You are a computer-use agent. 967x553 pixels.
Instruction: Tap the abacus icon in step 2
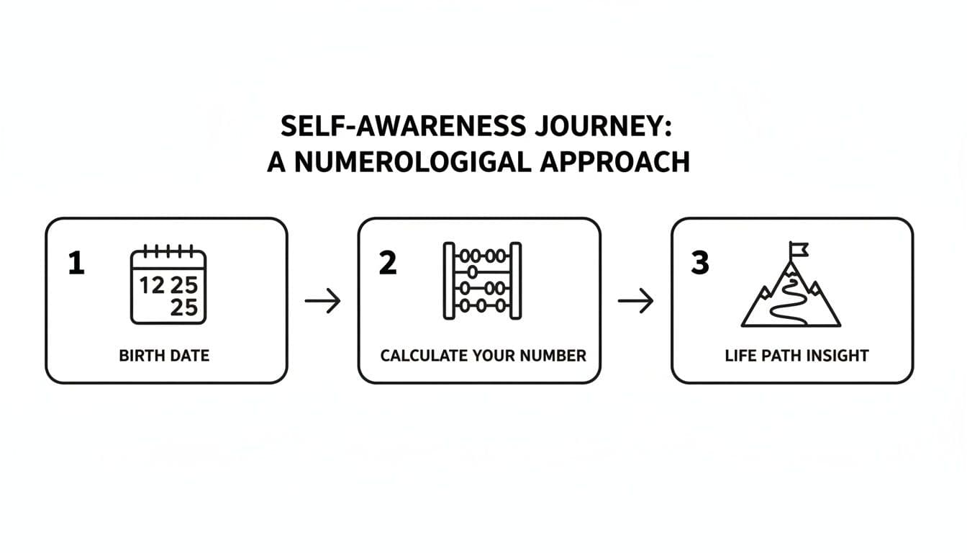point(482,281)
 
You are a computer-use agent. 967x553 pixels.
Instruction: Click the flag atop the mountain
point(798,249)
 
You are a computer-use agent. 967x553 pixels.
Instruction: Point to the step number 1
point(76,264)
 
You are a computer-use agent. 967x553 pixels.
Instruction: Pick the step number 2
point(387,264)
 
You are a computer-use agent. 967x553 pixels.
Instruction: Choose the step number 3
point(699,264)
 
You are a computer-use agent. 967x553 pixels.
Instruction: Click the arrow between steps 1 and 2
point(322,301)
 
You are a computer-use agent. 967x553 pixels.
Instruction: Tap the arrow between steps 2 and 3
point(635,301)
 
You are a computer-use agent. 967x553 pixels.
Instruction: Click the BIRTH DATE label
point(165,355)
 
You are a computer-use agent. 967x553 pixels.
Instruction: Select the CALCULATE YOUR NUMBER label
point(483,355)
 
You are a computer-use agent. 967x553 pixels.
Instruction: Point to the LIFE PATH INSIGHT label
point(796,355)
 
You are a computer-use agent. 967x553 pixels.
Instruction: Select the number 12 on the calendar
point(152,286)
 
